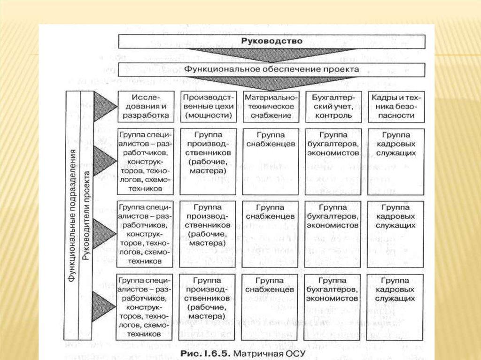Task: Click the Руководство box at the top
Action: (x=272, y=41)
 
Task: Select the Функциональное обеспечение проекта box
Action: (x=272, y=69)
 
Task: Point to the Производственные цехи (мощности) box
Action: (x=208, y=106)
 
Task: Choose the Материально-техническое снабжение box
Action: (x=270, y=106)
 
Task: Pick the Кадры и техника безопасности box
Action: (x=396, y=106)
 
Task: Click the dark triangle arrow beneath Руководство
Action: (x=272, y=53)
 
